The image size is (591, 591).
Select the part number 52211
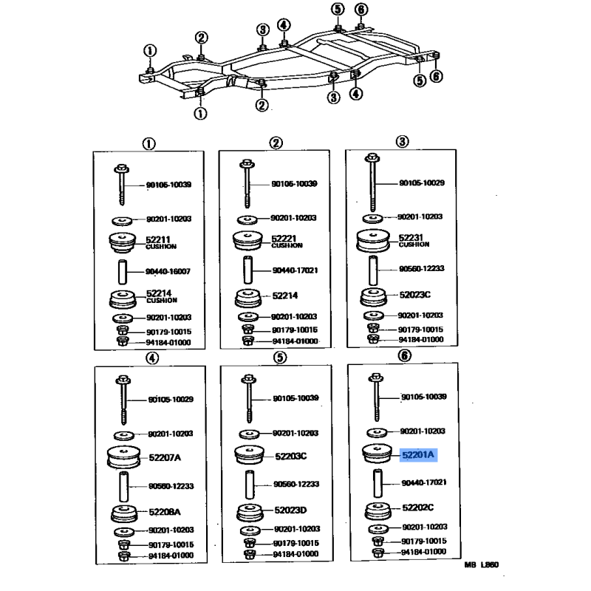click(x=159, y=239)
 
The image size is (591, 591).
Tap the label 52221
click(x=284, y=239)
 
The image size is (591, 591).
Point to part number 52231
click(x=410, y=238)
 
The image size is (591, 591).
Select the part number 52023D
click(x=290, y=510)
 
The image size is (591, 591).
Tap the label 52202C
click(x=418, y=508)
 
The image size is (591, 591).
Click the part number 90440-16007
click(x=168, y=271)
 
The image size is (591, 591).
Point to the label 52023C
click(x=415, y=294)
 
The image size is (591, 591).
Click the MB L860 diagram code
click(x=482, y=566)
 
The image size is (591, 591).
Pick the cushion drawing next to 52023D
click(x=250, y=511)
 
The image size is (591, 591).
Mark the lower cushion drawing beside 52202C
click(x=378, y=510)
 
